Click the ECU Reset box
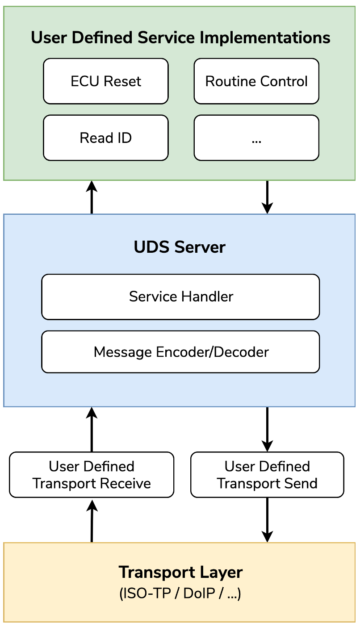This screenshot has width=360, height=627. click(106, 81)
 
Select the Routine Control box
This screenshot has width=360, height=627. click(256, 81)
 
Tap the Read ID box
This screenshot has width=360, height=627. click(106, 138)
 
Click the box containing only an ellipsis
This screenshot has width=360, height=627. click(256, 138)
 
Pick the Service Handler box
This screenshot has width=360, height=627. click(180, 297)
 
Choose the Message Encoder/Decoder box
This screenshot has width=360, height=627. click(180, 352)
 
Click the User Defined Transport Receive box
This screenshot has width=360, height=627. click(92, 475)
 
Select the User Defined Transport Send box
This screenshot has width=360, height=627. click(267, 475)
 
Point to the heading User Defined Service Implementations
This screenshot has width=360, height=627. click(180, 38)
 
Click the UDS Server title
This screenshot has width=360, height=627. click(180, 247)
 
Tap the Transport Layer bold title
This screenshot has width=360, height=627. click(180, 572)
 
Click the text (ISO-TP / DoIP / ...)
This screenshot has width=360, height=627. click(180, 594)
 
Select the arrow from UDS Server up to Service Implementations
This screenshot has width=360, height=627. click(92, 197)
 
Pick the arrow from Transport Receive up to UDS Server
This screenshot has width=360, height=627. click(92, 430)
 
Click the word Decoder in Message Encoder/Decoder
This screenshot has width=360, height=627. click(242, 352)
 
